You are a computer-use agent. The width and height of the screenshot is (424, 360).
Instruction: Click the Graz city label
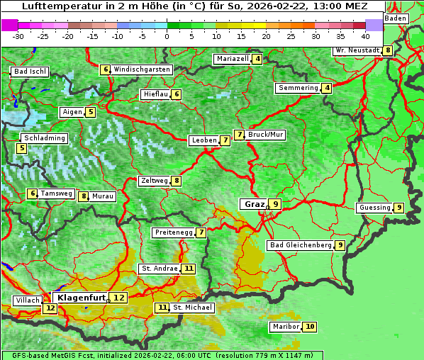click(254, 204)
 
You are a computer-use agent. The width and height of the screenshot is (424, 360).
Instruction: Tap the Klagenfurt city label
click(81, 298)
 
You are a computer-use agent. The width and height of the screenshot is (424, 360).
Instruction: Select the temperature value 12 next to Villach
click(50, 308)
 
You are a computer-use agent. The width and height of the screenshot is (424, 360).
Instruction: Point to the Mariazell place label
click(233, 59)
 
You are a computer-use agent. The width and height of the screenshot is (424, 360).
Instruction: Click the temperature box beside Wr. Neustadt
click(387, 50)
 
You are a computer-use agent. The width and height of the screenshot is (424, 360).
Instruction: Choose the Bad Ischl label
click(30, 72)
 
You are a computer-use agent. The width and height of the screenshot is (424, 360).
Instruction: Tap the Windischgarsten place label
click(142, 69)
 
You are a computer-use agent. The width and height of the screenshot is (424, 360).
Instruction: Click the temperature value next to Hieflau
click(177, 94)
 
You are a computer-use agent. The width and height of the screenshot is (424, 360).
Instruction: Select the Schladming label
click(44, 138)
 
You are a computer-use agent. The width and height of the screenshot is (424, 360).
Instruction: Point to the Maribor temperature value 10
click(310, 327)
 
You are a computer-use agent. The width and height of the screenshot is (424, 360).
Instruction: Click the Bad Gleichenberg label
click(301, 245)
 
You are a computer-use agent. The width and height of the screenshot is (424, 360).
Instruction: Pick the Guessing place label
click(374, 208)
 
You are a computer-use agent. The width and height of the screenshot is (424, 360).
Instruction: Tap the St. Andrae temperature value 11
click(188, 269)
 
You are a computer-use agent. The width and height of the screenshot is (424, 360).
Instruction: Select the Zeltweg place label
click(154, 181)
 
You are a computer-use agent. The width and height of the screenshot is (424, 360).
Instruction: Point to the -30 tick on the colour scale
click(18, 35)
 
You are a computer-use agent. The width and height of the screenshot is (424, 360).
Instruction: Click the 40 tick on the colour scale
click(364, 35)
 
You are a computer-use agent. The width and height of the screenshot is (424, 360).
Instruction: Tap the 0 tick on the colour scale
click(167, 35)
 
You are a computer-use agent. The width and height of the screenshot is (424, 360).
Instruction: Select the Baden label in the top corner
click(396, 18)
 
